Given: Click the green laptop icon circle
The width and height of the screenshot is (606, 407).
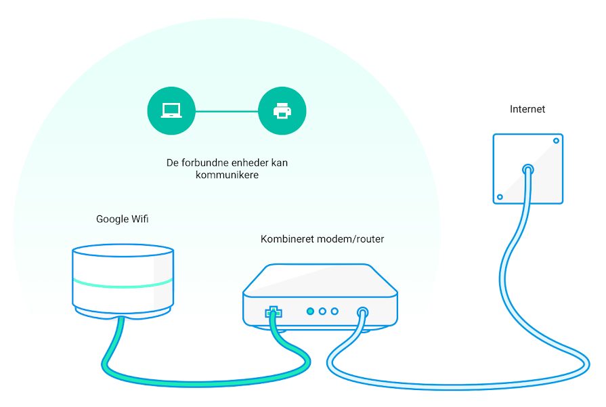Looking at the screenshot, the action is pos(171,111).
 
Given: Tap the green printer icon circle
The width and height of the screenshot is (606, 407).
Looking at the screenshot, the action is pos(282,111).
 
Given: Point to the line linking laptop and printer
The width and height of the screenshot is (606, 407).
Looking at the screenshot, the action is pos(227,111).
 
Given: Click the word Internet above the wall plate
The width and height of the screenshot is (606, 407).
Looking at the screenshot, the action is pos(527,110).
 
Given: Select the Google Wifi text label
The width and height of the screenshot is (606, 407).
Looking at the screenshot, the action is pos(122,219).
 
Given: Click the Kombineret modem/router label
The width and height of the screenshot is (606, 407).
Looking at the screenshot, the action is pos(322,239).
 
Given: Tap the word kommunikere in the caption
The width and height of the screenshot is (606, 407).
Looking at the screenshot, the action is pos(227,175).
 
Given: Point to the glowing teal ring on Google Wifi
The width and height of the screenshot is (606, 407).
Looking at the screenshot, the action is pos(123,285).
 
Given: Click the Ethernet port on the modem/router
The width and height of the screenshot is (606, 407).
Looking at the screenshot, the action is pos(274,312).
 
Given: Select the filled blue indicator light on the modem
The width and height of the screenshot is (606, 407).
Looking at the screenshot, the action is pos(310,311).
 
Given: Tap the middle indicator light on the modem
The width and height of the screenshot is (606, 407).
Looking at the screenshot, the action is pos(322,311).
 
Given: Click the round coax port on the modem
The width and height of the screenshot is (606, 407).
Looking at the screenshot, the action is pos(362,312).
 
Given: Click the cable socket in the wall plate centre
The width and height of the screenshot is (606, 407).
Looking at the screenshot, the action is pos(528,169).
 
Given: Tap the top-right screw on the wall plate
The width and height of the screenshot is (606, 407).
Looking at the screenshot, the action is pos(556,141).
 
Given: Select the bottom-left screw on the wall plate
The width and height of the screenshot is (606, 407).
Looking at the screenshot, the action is pos(500,197).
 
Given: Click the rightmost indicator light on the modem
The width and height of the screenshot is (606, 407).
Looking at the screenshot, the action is pos(334,311).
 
